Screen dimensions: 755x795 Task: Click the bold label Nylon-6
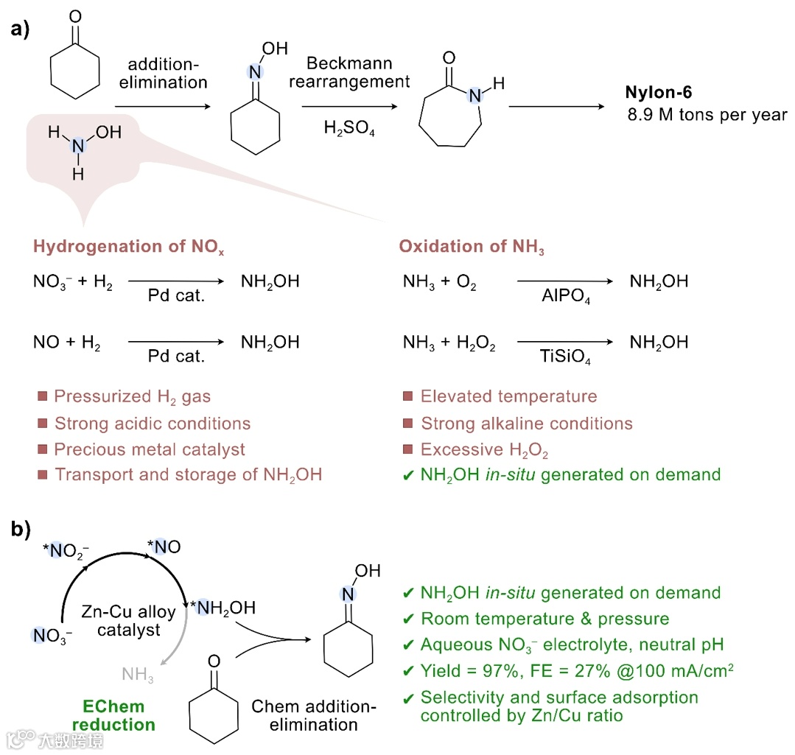[x=658, y=93]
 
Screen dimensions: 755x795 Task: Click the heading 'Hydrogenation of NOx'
[x=128, y=247]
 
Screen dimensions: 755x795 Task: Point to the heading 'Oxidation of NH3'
[x=472, y=247]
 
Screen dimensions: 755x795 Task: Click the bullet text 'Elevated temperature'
[x=508, y=396]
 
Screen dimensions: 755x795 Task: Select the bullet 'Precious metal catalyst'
[x=150, y=449]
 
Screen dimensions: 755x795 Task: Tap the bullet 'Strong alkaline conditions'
[x=526, y=424]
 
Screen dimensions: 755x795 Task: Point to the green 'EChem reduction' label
[x=113, y=715]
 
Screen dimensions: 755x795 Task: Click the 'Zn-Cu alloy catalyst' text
[x=122, y=620]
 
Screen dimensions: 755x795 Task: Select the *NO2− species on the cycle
[x=72, y=549]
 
